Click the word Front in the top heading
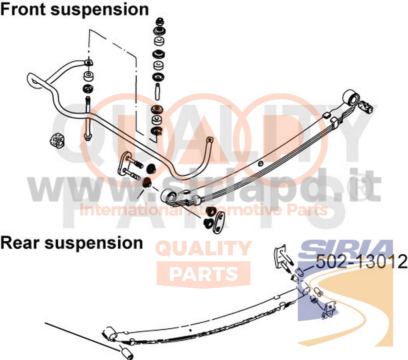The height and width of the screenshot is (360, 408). coord(23,9)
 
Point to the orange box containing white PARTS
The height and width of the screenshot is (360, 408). coord(203,274)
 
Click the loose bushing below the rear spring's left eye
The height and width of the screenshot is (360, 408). coord(126,351)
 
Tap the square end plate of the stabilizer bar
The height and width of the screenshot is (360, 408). coord(210,139)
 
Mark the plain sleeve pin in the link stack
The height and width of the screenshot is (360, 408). coord(158,92)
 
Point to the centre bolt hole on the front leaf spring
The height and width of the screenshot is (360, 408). coord(260,163)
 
